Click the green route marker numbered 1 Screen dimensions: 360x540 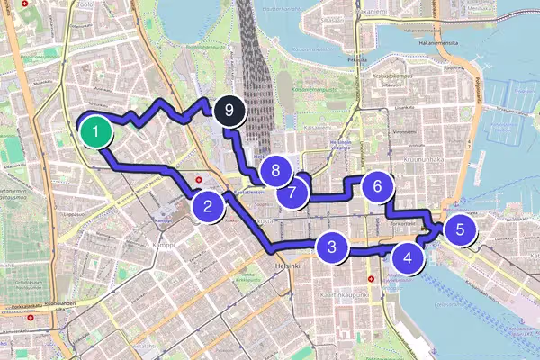pyautogui.click(x=95, y=131)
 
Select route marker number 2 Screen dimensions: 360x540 pyautogui.click(x=208, y=207)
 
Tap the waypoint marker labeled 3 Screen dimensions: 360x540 pyautogui.click(x=332, y=247)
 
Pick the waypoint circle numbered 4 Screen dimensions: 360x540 pyautogui.click(x=409, y=258)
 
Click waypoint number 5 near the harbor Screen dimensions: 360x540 pyautogui.click(x=460, y=229)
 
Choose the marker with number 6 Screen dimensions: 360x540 pyautogui.click(x=378, y=187)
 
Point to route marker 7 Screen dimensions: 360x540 pyautogui.click(x=292, y=193)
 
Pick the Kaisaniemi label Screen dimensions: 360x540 pyautogui.click(x=317, y=127)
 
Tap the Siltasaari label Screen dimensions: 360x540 pyautogui.click(x=332, y=18)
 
